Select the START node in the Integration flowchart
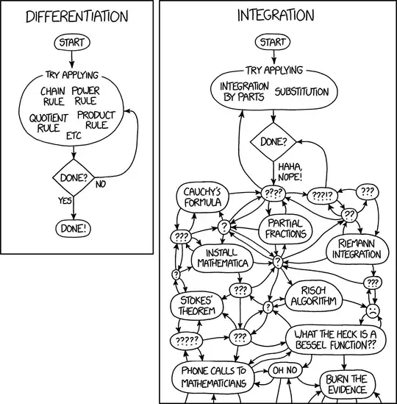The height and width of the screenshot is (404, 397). tap(273, 43)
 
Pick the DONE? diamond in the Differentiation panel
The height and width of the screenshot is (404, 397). tap(72, 177)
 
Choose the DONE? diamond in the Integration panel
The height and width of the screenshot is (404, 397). tap(273, 139)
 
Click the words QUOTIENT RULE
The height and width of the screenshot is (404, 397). tap(49, 122)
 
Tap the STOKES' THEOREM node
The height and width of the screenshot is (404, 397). tap(197, 306)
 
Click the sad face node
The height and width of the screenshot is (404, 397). tap(373, 311)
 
